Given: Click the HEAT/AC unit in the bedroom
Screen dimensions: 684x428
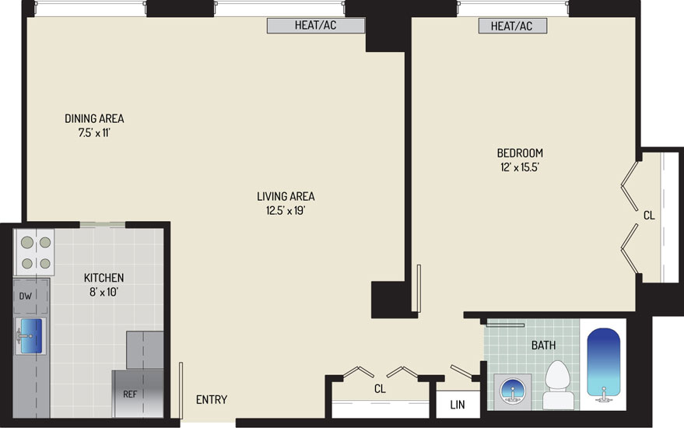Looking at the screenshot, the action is [513, 26].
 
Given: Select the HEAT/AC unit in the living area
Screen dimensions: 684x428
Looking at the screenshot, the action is [316, 26].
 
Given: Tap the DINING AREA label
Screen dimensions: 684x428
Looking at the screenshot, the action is [94, 118].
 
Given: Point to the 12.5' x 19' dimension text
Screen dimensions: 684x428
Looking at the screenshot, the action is [286, 211].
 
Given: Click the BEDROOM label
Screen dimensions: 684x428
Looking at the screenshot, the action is [520, 153].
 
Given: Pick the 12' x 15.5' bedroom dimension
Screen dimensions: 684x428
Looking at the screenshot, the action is [520, 167].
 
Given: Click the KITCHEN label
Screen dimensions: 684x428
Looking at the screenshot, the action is [103, 278].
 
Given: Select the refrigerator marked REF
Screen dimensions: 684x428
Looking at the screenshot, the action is [138, 394].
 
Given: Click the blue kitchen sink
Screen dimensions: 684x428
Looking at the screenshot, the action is [31, 335].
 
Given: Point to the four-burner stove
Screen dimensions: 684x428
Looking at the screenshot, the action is [33, 253].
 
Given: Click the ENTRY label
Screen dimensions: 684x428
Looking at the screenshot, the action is [212, 400].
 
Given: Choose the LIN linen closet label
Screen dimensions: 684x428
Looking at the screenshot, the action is [458, 405].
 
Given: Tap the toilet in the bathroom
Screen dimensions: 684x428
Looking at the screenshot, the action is [559, 384].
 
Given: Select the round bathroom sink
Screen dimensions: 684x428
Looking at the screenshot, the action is [513, 391].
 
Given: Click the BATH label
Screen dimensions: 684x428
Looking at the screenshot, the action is [543, 345].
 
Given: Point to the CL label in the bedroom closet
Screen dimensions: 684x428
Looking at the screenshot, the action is [649, 216].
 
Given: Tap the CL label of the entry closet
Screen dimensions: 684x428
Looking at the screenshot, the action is [380, 388].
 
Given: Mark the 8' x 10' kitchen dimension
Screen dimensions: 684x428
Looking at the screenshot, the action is [103, 292].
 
